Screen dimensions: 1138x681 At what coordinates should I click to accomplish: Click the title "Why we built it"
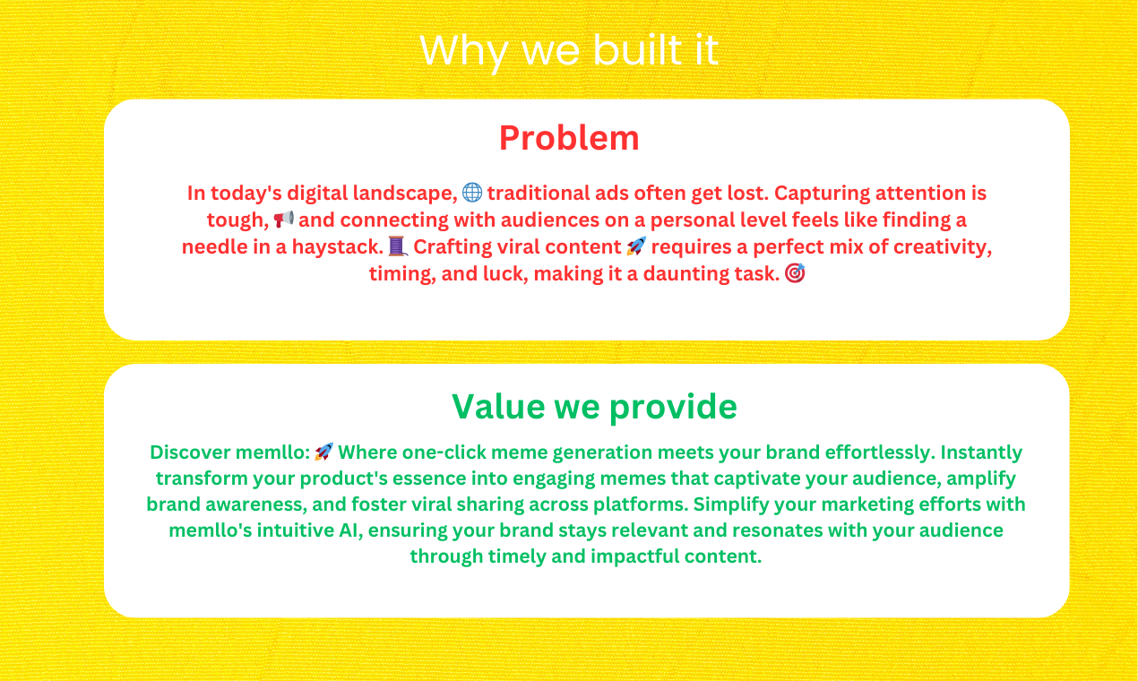(569, 51)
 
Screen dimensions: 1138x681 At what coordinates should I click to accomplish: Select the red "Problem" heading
(569, 138)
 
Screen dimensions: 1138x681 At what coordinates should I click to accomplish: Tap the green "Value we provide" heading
(594, 407)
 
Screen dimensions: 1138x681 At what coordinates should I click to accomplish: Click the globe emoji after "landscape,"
(472, 193)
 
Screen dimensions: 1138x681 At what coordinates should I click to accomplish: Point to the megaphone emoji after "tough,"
(284, 219)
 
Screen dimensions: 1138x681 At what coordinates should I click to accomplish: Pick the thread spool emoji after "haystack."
(398, 246)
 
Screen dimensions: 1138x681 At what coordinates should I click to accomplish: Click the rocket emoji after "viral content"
(636, 246)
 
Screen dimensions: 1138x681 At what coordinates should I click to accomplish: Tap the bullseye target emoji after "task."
(795, 273)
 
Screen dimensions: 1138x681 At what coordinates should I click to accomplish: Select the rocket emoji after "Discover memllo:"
(324, 452)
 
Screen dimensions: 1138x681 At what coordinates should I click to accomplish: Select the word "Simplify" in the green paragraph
(729, 504)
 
